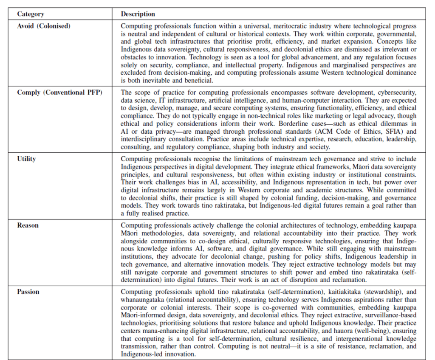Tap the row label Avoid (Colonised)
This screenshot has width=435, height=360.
(x=44, y=26)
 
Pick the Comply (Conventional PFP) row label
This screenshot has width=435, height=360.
(x=59, y=93)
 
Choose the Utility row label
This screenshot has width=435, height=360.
(x=26, y=159)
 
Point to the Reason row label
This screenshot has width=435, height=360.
(x=28, y=225)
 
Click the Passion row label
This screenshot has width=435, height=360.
(x=28, y=292)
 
